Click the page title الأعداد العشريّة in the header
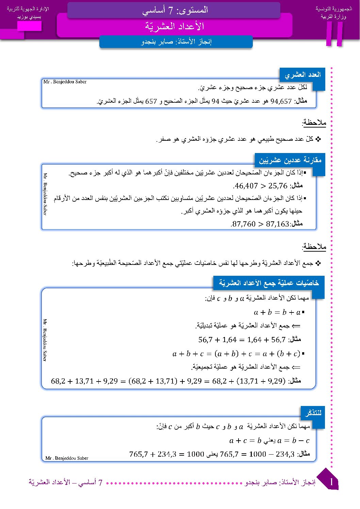(x=174, y=26)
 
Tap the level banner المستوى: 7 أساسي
(x=175, y=10)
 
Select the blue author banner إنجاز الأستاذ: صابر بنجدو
(x=176, y=42)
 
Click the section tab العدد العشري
(x=302, y=74)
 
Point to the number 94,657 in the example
(x=281, y=101)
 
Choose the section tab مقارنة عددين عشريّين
(x=290, y=160)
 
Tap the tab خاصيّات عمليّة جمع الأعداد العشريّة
(x=269, y=283)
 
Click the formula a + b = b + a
(x=277, y=312)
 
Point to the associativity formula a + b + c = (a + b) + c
(x=236, y=354)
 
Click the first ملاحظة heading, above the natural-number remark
(x=314, y=122)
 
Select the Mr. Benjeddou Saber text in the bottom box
(x=67, y=458)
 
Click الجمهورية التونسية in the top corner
(x=333, y=9)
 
